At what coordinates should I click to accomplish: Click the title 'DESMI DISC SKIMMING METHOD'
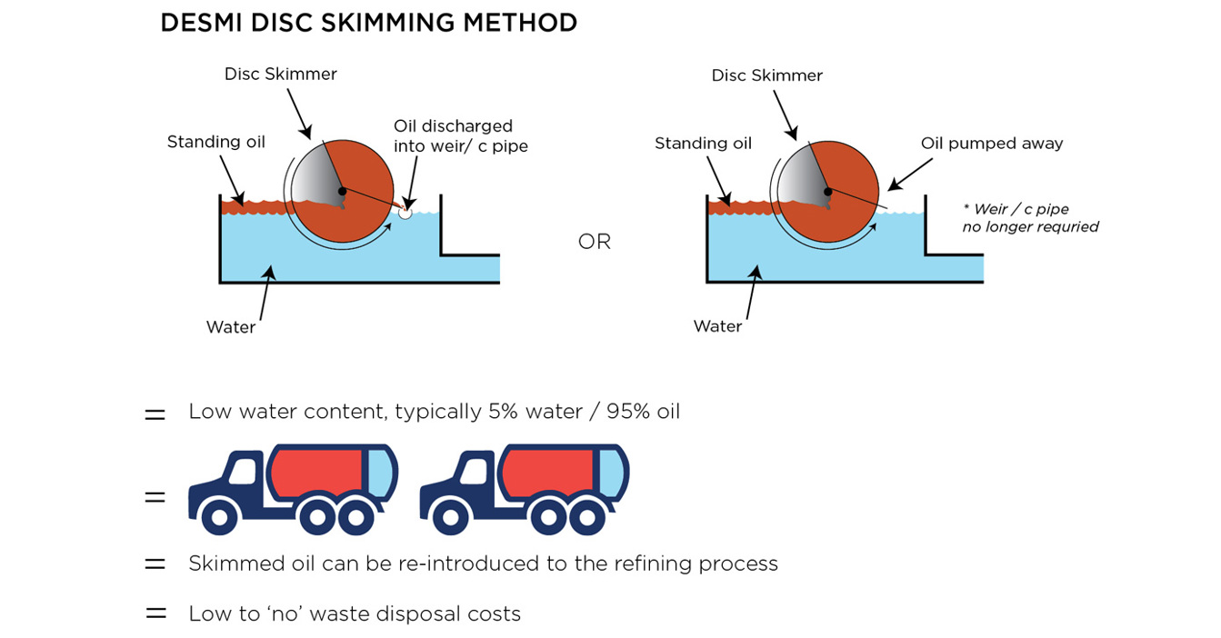tap(368, 24)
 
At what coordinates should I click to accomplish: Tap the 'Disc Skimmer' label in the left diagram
tap(280, 75)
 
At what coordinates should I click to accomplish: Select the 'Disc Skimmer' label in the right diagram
tap(766, 75)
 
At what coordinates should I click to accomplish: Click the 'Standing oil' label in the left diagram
tap(215, 142)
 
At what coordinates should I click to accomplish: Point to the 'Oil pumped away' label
tap(991, 144)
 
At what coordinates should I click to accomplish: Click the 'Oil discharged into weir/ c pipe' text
tap(460, 135)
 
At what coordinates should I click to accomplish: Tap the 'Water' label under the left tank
tap(230, 327)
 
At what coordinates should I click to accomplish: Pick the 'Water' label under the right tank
tap(717, 326)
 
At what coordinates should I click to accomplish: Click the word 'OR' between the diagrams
tap(595, 243)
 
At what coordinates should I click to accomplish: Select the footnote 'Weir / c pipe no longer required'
tap(1029, 218)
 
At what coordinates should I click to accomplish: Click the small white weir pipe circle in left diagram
tap(405, 213)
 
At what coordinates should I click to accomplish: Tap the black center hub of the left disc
tap(342, 191)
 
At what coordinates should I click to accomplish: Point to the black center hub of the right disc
tap(827, 192)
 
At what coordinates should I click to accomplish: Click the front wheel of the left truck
tap(219, 517)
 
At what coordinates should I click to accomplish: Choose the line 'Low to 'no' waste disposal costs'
tap(355, 614)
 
